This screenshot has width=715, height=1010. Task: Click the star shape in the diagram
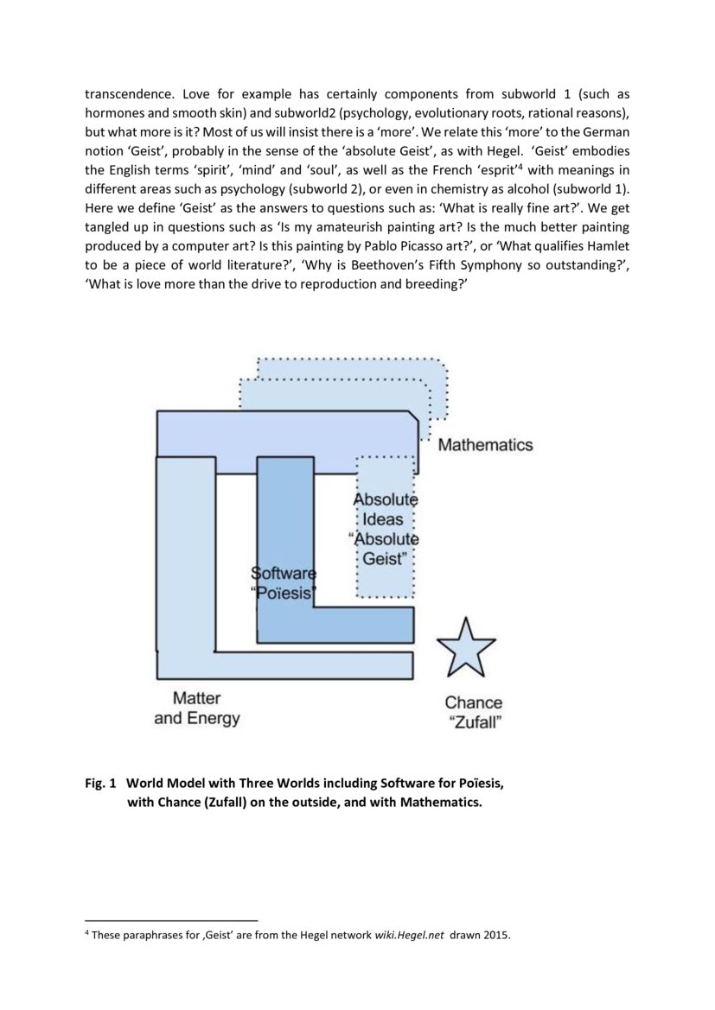[466, 648]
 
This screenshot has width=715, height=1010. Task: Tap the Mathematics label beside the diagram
[485, 445]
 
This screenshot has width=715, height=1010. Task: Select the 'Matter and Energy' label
[197, 708]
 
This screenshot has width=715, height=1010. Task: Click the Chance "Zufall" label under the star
[474, 713]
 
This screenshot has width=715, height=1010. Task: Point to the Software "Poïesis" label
[284, 583]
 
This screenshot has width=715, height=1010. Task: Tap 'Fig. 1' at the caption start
[99, 784]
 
